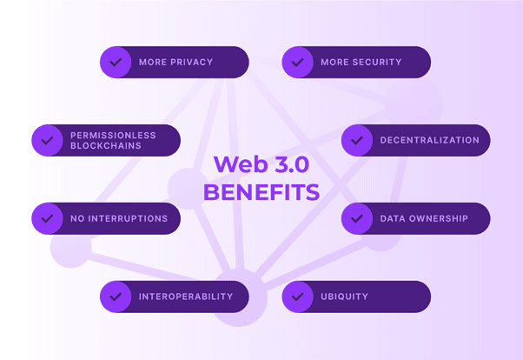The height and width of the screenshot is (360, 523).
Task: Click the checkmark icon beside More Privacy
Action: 116,63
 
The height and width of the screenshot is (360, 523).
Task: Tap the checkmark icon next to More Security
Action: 298,63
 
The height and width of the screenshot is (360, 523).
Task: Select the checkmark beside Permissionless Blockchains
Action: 47,140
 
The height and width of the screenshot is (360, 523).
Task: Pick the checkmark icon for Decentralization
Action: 357,140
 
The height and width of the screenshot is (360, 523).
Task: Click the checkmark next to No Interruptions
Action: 47,218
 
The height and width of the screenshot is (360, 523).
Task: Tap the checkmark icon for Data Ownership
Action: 357,218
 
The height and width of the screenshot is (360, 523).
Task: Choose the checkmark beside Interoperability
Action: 116,297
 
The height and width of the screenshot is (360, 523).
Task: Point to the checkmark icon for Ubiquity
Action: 298,297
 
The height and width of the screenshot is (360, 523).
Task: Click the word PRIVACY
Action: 191,63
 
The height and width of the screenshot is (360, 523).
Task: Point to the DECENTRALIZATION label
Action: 429,140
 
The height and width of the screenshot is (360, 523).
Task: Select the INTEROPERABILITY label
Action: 185,297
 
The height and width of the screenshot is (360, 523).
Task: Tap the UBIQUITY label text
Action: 344,297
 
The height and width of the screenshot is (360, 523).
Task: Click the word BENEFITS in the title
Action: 261,191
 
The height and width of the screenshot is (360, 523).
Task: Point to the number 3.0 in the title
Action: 285,164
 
